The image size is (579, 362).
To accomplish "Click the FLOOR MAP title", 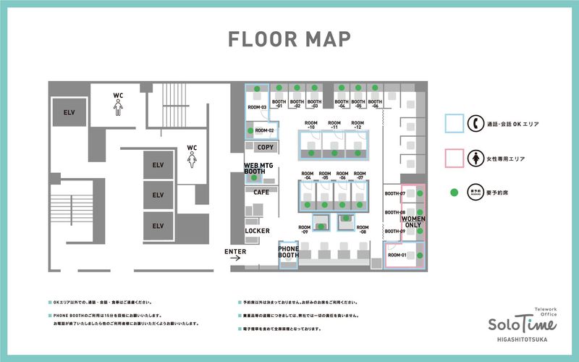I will pos(289,38).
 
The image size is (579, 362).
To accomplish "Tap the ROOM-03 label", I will pos(258,108).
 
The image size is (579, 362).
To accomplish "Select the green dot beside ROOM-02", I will pos(250,130).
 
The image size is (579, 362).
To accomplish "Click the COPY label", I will pos(265,147).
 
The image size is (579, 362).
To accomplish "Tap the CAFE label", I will pos(261,192).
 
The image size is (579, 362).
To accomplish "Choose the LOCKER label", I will pos(257,231).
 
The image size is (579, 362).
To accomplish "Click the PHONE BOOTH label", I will pos(289,253).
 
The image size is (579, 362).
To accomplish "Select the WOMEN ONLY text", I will pos(413,222).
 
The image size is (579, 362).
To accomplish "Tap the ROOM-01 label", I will pos(397,256).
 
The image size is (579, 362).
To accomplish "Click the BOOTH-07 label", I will pos(394,194).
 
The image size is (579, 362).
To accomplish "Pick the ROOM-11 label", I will pos(334,125).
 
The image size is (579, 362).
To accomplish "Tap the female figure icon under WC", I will pos(192,160).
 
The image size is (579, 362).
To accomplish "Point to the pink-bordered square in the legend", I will pos(454,158).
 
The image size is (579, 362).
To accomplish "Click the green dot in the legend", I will pos(454,192).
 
